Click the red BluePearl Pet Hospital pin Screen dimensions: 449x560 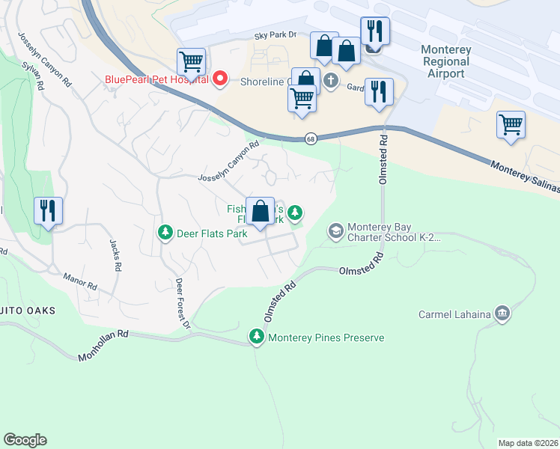220,77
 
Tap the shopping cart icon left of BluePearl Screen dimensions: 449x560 191,62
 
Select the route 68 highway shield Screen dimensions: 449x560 309,138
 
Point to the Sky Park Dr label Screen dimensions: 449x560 276,35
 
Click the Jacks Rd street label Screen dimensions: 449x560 115,255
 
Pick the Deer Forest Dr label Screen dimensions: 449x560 183,303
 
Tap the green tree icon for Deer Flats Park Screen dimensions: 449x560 165,233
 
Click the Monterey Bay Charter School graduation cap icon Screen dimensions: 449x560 335,231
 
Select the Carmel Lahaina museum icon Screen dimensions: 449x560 502,313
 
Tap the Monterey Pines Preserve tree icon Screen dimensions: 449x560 257,337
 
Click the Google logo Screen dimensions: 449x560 25,440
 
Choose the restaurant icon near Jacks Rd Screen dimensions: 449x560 48,210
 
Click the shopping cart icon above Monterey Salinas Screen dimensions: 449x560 511,125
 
